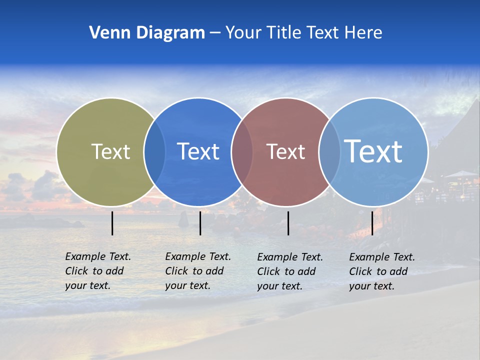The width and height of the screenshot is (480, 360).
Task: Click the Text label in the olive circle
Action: click(110, 151)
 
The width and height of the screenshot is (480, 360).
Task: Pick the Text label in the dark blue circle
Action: click(198, 151)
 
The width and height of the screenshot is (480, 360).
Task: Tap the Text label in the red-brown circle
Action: click(285, 151)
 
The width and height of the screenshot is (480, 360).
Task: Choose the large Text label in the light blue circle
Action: click(373, 151)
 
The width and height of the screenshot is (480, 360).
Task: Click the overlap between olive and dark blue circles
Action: click(154, 151)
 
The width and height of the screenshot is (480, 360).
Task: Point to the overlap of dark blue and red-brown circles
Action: click(242, 151)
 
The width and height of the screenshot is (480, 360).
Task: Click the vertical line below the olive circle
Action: click(112, 223)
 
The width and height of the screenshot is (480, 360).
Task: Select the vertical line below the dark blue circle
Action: click(200, 223)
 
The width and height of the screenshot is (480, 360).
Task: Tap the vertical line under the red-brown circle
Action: click(288, 223)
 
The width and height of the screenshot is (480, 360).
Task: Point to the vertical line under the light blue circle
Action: click(372, 223)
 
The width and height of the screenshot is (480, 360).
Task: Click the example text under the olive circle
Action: click(98, 271)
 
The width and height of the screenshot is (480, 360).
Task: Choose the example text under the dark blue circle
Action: click(198, 271)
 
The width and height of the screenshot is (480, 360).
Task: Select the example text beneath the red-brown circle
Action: click(290, 271)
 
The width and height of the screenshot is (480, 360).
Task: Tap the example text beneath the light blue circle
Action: click(382, 271)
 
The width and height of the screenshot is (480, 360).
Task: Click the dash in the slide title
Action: click(215, 33)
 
